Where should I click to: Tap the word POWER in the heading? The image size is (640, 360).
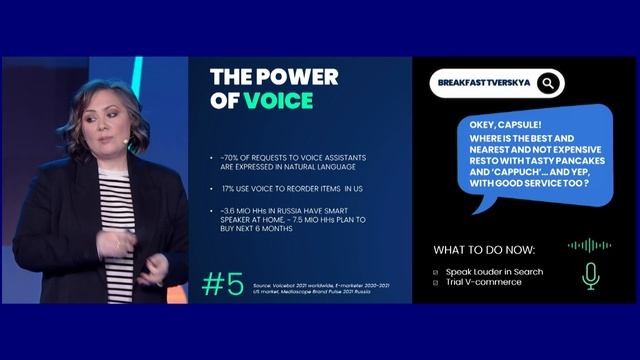point(297,77)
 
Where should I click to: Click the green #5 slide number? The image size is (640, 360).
point(222,284)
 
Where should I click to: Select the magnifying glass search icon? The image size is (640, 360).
point(548,83)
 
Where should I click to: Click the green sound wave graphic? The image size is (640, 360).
point(589,245)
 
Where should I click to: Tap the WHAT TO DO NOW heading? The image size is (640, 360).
point(484,249)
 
